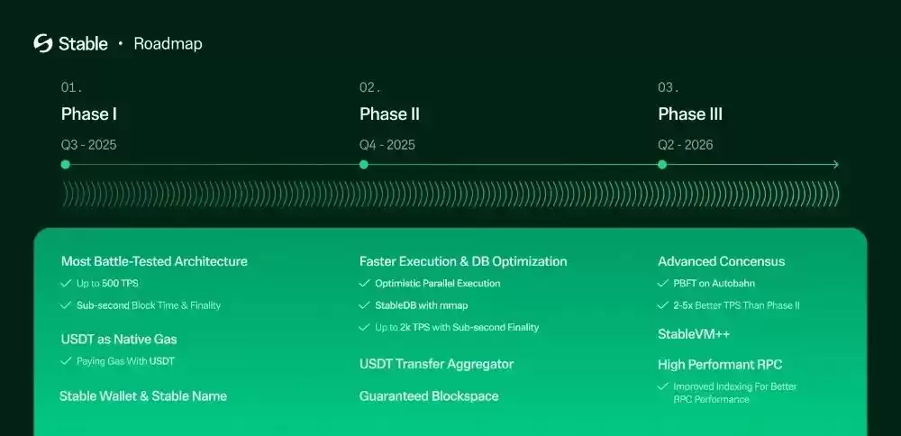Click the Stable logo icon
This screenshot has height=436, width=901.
[x=43, y=43]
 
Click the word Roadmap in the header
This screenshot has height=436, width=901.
[x=168, y=43]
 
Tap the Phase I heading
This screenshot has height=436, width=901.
[x=89, y=114]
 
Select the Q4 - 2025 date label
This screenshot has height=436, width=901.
[x=387, y=145]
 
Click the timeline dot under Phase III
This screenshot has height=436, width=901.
[x=662, y=165]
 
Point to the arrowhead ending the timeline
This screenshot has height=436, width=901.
[x=835, y=165]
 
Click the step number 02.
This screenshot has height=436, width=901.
[x=369, y=87]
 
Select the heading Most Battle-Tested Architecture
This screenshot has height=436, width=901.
[x=154, y=261]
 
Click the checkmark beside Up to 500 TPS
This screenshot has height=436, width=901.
[x=66, y=283]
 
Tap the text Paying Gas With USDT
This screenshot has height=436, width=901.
[x=126, y=361]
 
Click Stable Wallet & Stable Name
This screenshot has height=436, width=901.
[x=143, y=395]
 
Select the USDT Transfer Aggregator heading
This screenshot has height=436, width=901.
[x=436, y=364]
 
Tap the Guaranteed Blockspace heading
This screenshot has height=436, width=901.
[x=429, y=395]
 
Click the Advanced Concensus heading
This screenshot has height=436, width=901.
[x=721, y=261]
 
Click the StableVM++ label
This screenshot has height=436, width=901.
[x=694, y=334]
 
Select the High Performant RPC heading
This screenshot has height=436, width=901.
[x=720, y=365]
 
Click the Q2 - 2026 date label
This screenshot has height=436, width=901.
[x=686, y=145]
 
